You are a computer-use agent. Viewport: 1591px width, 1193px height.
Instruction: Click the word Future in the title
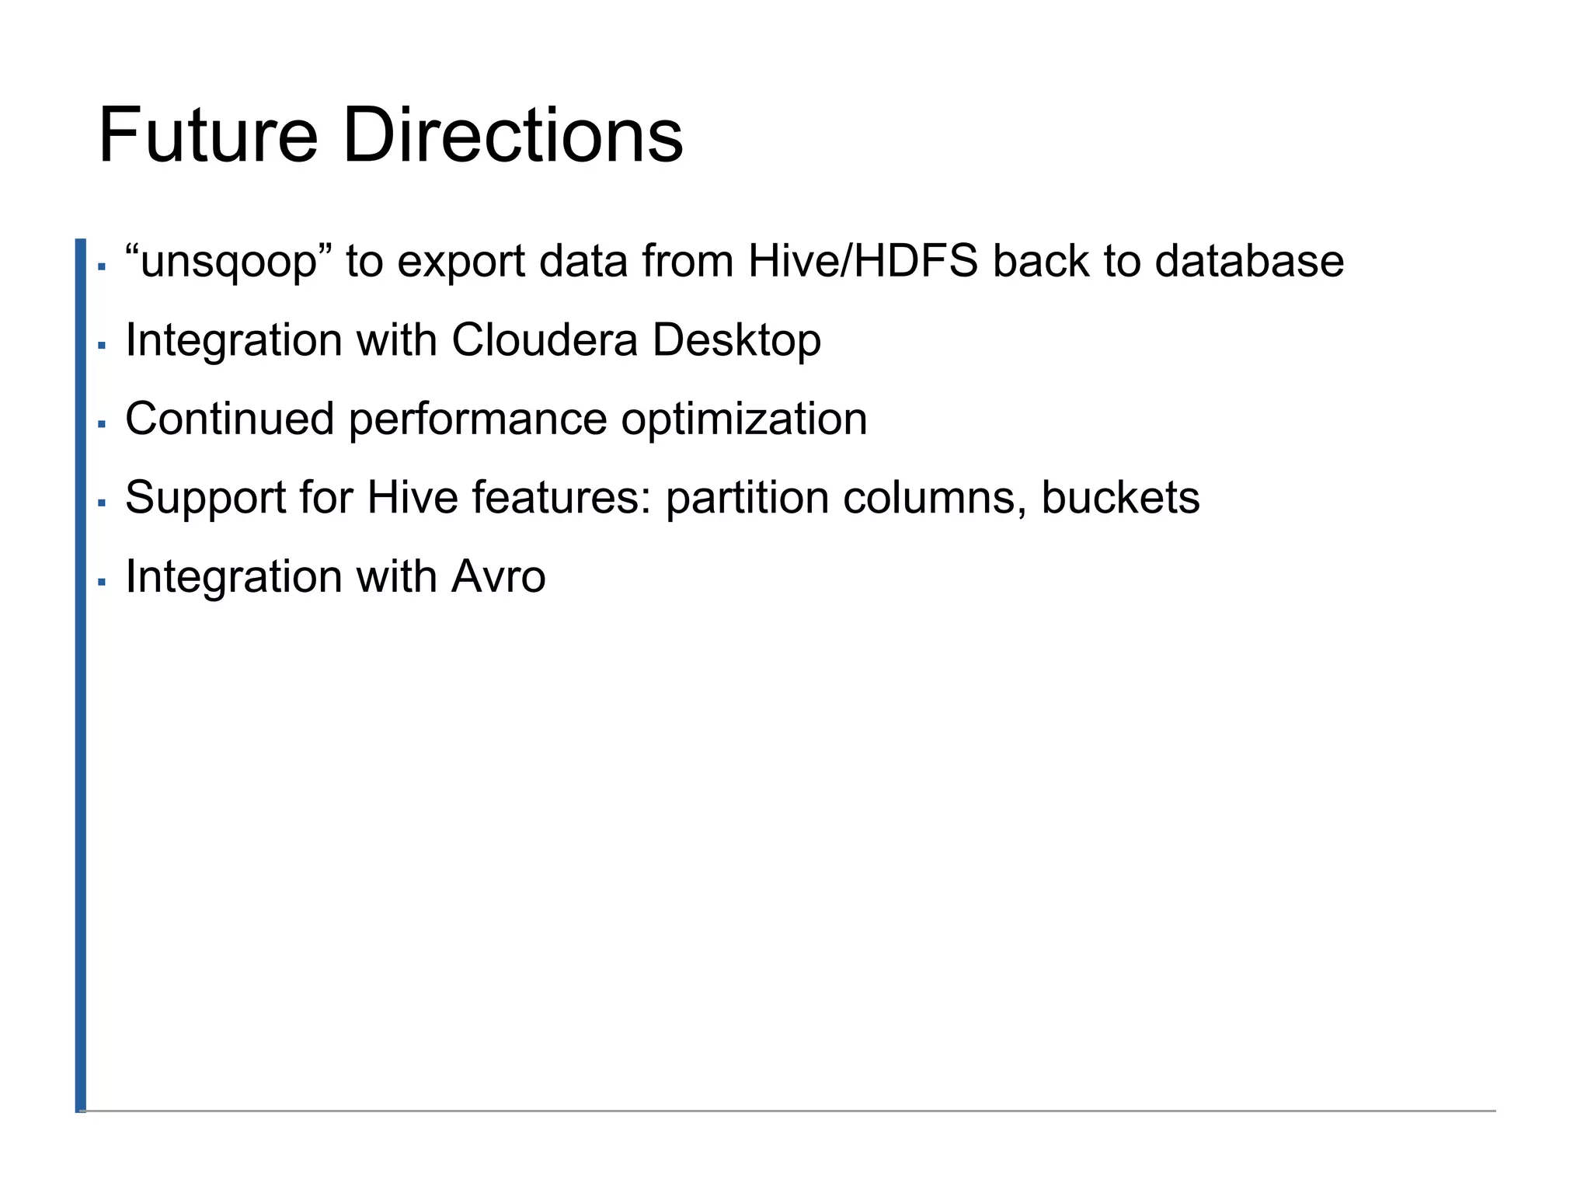(208, 137)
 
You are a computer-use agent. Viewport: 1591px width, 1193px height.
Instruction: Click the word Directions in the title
(512, 137)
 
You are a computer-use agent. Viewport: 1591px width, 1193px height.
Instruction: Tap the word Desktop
(736, 341)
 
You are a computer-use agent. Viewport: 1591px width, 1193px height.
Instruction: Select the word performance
(478, 420)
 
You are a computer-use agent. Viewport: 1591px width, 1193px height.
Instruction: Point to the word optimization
(744, 420)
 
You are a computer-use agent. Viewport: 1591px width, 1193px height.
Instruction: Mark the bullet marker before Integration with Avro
(102, 581)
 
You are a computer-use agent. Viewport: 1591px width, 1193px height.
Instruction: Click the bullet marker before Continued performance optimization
(102, 424)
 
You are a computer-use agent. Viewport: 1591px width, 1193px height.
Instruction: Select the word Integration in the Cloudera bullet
(234, 341)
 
